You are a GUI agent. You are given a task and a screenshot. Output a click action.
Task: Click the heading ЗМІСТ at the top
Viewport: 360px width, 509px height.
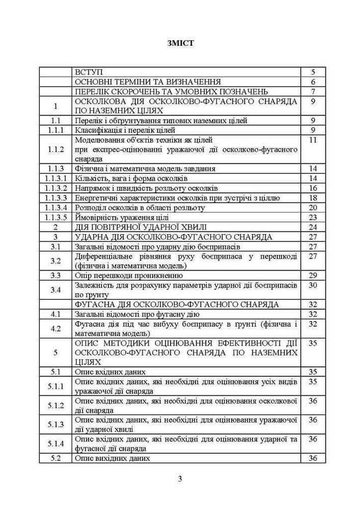[180, 43]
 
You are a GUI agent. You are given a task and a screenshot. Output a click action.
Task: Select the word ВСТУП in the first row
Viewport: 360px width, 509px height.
[89, 72]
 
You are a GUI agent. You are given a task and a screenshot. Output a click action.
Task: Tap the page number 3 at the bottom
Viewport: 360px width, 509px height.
[180, 478]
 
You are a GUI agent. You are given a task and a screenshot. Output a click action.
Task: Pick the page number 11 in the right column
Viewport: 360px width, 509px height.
[313, 139]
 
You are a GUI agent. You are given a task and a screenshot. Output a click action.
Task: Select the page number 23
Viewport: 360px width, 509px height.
[313, 217]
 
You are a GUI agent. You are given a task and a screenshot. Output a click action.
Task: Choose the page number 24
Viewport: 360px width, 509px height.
[313, 227]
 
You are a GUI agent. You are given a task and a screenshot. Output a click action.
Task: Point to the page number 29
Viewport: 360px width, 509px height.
[313, 275]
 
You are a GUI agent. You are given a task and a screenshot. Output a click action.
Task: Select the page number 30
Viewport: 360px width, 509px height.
[313, 285]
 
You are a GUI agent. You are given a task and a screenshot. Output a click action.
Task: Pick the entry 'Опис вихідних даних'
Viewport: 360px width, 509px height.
[113, 458]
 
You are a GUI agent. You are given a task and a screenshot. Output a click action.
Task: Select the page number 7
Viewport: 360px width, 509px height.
[313, 92]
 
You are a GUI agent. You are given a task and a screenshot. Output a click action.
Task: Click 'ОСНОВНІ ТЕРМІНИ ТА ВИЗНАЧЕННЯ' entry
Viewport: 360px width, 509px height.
[148, 82]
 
